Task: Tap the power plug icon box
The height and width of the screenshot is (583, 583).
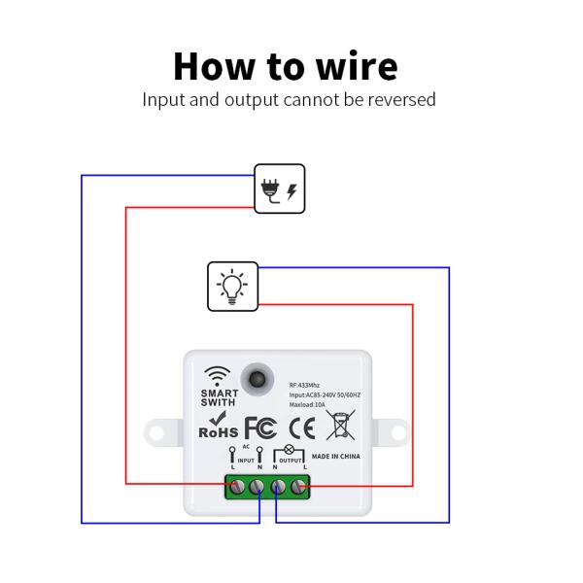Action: pyautogui.click(x=280, y=189)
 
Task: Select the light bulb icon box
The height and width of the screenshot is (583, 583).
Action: pyautogui.click(x=232, y=287)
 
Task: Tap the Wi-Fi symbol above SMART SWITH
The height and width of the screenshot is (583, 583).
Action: pyautogui.click(x=218, y=375)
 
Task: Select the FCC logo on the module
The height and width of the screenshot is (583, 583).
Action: pyautogui.click(x=260, y=428)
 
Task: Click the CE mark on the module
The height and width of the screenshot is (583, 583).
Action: pyautogui.click(x=302, y=428)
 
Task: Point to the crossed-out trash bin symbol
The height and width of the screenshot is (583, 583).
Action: pyautogui.click(x=340, y=426)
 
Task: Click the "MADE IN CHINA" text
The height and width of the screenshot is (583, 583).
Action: pyautogui.click(x=338, y=455)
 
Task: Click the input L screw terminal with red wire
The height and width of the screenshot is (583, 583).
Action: pyautogui.click(x=236, y=486)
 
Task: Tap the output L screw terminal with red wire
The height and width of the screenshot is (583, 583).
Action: pyautogui.click(x=299, y=486)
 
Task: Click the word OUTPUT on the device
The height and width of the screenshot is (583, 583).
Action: pyautogui.click(x=291, y=460)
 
